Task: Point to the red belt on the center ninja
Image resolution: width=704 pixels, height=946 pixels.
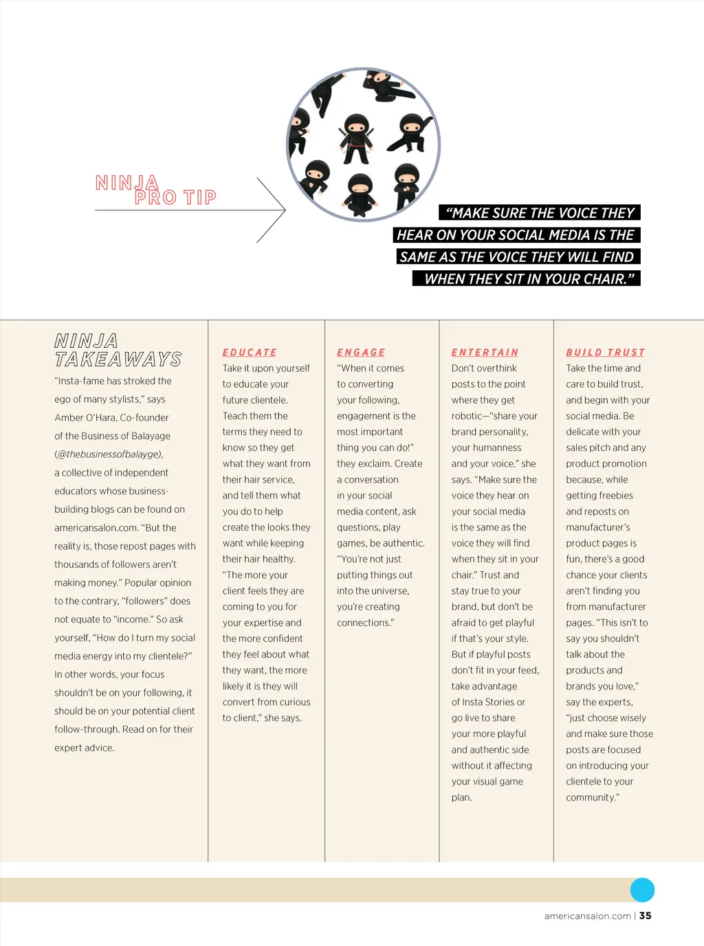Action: (x=356, y=145)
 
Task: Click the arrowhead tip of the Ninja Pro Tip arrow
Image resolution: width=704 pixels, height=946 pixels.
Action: (x=285, y=210)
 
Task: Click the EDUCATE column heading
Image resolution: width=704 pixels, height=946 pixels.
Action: (x=250, y=352)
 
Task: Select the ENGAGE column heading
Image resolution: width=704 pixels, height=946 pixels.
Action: (x=361, y=352)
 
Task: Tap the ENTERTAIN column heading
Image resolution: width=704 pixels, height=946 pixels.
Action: (x=485, y=352)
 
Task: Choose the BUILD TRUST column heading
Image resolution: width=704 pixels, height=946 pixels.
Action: (x=605, y=352)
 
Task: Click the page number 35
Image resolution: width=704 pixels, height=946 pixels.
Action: (x=645, y=916)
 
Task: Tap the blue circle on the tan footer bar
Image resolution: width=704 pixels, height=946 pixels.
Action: (x=642, y=890)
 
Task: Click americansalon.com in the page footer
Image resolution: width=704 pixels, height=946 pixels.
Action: (x=587, y=916)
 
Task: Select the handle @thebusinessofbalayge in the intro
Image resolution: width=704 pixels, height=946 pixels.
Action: (x=109, y=454)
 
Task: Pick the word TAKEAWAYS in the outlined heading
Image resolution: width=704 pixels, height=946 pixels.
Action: (x=118, y=360)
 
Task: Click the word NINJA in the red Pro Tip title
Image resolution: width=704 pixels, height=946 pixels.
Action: (x=126, y=183)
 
